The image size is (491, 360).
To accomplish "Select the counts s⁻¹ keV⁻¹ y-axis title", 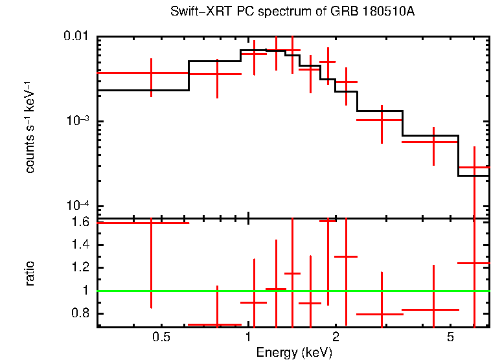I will pyautogui.click(x=30, y=127).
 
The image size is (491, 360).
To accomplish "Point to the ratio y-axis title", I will pyautogui.click(x=30, y=273).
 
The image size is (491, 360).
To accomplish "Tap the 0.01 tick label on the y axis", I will pyautogui.click(x=77, y=36).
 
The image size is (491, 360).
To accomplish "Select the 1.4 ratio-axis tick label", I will pyautogui.click(x=80, y=245).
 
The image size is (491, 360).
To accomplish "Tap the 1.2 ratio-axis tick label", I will pyautogui.click(x=80, y=267).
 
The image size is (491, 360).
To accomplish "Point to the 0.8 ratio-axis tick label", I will pyautogui.click(x=80, y=313).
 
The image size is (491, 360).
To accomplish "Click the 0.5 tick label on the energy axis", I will pyautogui.click(x=161, y=337).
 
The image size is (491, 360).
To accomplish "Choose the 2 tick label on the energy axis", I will pyautogui.click(x=336, y=337).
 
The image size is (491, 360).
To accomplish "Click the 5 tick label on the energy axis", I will pyautogui.click(x=451, y=337).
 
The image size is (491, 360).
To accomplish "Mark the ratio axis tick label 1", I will pyautogui.click(x=86, y=291).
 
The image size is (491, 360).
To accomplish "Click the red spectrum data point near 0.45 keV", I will pyautogui.click(x=151, y=73).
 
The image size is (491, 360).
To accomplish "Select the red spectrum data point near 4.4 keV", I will pyautogui.click(x=433, y=141).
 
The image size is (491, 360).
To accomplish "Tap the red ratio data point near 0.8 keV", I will pyautogui.click(x=217, y=324).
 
